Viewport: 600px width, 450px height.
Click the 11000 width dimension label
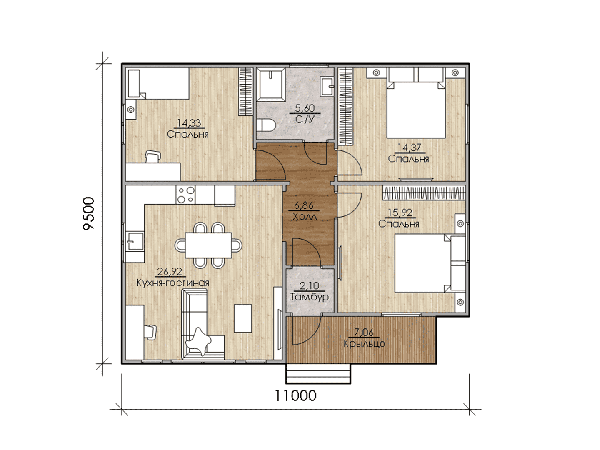295,395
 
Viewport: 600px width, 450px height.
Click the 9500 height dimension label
89,214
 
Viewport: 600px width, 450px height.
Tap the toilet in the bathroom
266,125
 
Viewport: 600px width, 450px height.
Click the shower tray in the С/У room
271,85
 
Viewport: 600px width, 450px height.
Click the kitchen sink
135,241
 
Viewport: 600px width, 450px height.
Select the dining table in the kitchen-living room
208,245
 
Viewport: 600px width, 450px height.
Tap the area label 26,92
170,272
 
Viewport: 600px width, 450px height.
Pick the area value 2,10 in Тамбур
310,286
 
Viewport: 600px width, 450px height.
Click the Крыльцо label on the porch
364,343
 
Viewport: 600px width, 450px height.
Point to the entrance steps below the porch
318,374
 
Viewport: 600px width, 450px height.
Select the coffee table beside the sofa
243,318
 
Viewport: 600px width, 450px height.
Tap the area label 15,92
400,212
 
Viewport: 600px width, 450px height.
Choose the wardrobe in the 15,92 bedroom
424,193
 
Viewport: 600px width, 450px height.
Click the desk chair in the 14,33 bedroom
152,157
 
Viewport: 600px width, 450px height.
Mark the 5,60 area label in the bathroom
305,108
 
